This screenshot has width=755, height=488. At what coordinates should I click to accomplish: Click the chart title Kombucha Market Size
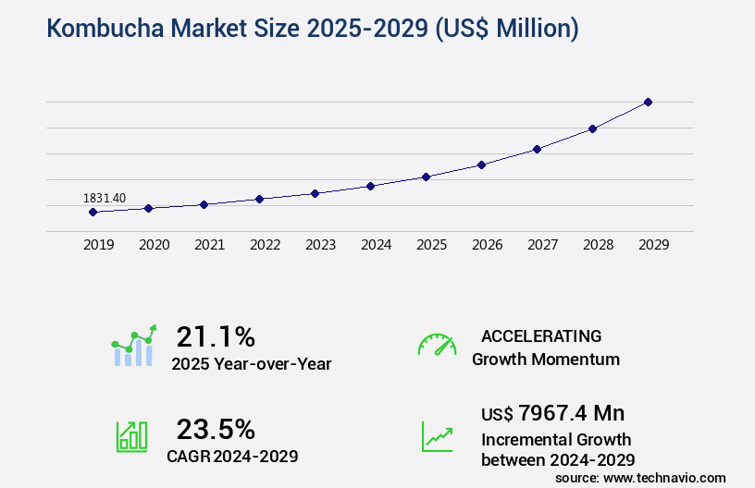[312, 30]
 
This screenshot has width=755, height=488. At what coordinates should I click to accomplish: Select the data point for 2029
[648, 102]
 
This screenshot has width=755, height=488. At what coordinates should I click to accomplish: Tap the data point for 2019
[93, 212]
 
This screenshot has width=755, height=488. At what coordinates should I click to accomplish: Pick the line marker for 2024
[370, 186]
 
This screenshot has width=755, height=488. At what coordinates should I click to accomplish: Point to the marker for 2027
[537, 149]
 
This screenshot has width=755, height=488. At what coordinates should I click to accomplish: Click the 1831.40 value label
[105, 198]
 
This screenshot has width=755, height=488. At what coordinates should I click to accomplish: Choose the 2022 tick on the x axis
[265, 245]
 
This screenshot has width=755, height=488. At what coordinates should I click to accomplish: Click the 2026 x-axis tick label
[487, 245]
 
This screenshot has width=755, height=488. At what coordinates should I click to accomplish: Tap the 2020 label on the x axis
[154, 245]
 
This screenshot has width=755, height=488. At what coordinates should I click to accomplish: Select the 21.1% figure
[216, 336]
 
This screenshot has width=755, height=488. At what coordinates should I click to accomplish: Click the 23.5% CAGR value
[216, 429]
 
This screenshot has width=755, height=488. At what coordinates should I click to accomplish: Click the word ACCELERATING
[541, 336]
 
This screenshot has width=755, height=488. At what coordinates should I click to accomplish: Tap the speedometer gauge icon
[437, 346]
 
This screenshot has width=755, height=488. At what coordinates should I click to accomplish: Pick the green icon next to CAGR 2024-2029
[131, 436]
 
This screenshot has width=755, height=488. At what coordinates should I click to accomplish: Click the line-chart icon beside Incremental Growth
[437, 436]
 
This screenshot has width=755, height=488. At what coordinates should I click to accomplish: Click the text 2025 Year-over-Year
[252, 364]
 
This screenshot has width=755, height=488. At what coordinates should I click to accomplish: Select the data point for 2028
[592, 128]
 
